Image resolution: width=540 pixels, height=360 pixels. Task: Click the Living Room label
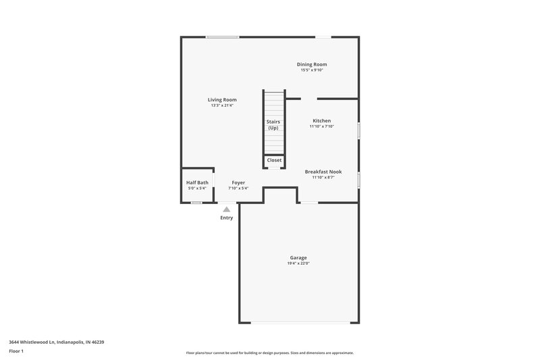(x=222, y=100)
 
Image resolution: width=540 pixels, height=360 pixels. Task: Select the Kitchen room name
(x=321, y=120)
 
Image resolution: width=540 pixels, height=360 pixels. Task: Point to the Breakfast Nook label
(x=323, y=172)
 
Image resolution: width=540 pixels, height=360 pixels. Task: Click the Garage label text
(x=298, y=257)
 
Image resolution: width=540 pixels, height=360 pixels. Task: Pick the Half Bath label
(x=197, y=182)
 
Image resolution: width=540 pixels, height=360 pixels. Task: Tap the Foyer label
(x=238, y=182)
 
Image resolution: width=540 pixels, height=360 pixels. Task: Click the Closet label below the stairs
(x=274, y=160)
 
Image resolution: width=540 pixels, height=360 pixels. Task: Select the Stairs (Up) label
(x=273, y=125)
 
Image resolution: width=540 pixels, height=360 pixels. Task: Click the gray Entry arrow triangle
(x=227, y=209)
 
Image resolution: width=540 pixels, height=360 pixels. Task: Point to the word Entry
(x=227, y=217)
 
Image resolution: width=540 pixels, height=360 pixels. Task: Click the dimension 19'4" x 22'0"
(x=298, y=263)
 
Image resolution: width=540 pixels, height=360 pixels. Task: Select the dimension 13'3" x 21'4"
(x=222, y=106)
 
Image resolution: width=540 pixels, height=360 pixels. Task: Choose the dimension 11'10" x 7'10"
(x=322, y=126)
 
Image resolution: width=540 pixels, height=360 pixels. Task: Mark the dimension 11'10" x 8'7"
(x=323, y=178)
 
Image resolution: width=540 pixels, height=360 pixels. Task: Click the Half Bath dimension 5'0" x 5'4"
(x=197, y=188)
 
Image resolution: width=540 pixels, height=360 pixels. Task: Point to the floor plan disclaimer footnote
(x=270, y=353)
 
